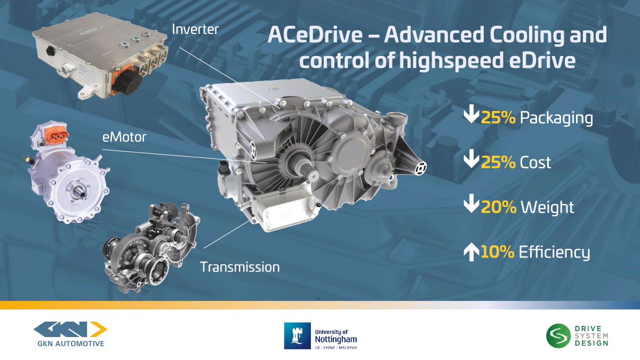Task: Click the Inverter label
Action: click(195, 29)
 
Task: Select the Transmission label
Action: click(239, 266)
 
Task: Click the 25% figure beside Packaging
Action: click(498, 118)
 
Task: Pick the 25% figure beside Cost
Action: click(498, 162)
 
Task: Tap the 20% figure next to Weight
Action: click(498, 207)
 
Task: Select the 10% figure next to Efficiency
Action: click(498, 252)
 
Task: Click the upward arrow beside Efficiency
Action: click(470, 252)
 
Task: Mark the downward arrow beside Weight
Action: click(470, 206)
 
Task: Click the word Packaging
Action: click(556, 118)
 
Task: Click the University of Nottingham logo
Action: click(321, 334)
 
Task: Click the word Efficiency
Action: click(554, 252)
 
